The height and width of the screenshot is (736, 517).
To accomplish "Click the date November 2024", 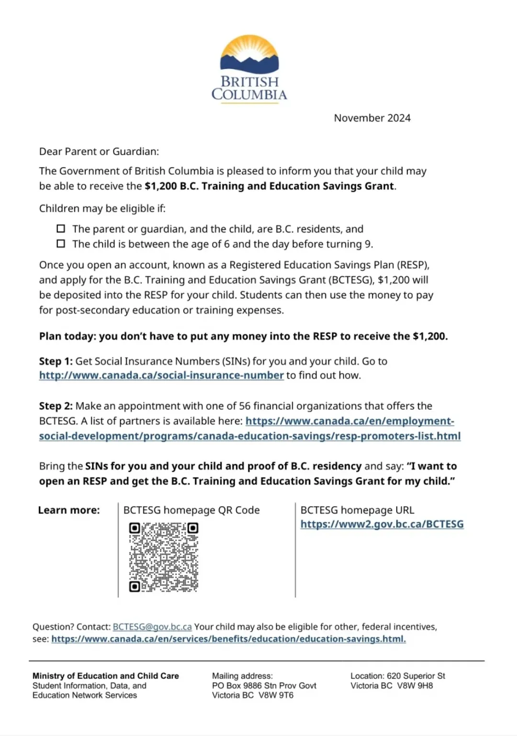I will click(x=372, y=118).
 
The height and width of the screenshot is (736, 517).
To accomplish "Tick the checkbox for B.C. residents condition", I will click(x=61, y=229).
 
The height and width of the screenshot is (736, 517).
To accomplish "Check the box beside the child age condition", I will click(x=61, y=244).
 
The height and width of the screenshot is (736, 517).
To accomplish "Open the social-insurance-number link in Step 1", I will click(x=161, y=375).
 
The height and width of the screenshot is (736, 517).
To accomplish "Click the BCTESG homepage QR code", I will click(x=163, y=557).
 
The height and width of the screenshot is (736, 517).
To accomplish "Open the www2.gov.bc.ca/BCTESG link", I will click(x=382, y=524).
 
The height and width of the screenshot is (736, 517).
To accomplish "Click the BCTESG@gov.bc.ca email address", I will click(x=152, y=627).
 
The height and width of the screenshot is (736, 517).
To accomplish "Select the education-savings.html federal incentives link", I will click(x=228, y=639).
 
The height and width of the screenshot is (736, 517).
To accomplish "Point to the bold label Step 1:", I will click(x=56, y=361).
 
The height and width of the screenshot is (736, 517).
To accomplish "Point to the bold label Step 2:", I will click(x=56, y=406).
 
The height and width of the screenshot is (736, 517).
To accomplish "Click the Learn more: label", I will click(x=69, y=510).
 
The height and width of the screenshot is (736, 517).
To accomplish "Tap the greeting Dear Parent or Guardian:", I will click(x=99, y=152).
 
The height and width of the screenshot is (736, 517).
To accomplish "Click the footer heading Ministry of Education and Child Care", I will click(x=105, y=676).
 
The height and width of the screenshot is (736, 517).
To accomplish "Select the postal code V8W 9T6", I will click(x=276, y=695).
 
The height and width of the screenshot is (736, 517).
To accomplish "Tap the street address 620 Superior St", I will click(x=416, y=676).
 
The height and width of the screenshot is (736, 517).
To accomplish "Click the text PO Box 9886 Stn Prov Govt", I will click(x=264, y=686).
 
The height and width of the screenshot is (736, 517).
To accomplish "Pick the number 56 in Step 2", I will click(x=245, y=406).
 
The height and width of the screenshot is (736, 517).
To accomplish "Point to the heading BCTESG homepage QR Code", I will click(x=191, y=510).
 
